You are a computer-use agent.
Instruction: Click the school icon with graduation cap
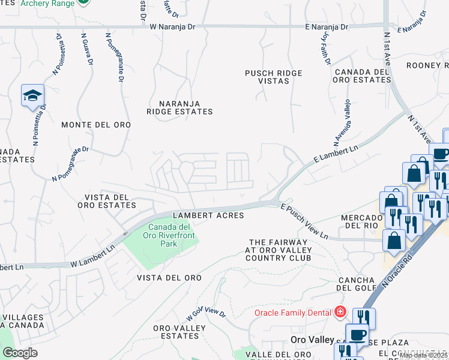[32, 95]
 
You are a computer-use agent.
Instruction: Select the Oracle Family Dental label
[292, 313]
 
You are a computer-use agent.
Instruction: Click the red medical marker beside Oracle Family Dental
[340, 312]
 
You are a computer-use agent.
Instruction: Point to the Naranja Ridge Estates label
[180, 107]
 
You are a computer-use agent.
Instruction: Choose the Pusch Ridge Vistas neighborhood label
[273, 77]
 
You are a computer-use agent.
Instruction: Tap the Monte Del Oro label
[96, 125]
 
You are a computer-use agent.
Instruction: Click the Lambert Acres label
[208, 215]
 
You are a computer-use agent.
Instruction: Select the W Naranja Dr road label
[173, 27]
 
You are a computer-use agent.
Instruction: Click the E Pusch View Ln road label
[304, 221]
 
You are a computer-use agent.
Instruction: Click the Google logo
[20, 353]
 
